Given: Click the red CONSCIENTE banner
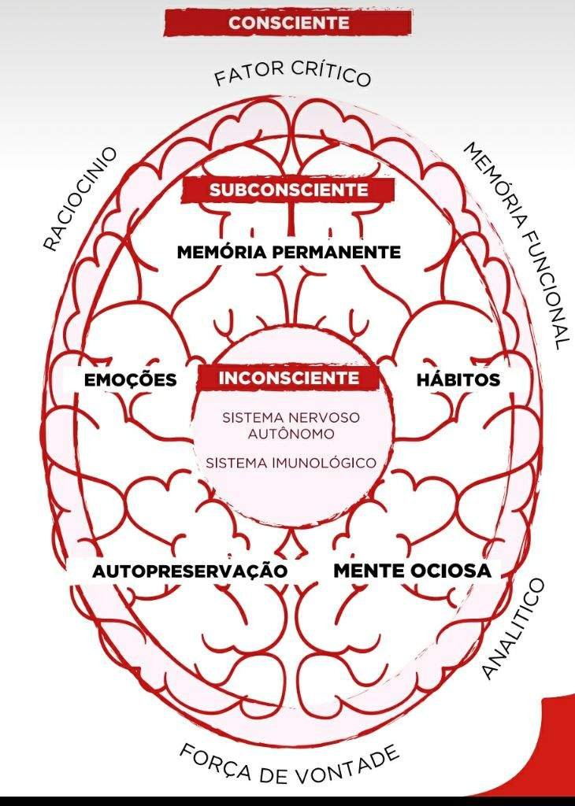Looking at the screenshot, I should coord(288,23).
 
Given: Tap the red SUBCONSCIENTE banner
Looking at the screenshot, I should coord(288,190).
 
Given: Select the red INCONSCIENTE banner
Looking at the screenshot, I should coord(289,378).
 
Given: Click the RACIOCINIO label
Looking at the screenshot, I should coord(80,198).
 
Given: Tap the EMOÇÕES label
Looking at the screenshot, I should coord(130,380).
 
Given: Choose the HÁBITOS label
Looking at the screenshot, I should coord(458,379).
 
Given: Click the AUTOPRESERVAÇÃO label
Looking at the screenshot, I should coord(189,571).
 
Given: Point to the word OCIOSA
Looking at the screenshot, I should coord(450,570).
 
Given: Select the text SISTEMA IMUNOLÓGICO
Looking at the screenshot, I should coord(291,463).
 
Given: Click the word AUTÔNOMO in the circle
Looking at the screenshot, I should coord(291,433).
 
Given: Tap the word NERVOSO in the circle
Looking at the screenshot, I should coord(325,418).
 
